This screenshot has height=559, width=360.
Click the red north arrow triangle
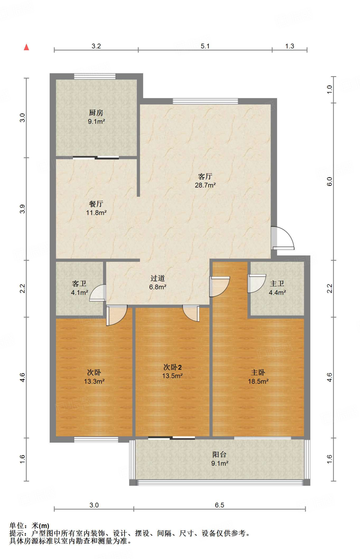tap(26, 47)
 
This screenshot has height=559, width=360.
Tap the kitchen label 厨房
tap(96, 112)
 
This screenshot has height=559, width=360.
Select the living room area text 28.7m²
tap(205, 185)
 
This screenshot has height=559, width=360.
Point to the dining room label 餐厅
tap(96, 204)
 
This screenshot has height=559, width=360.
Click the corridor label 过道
tap(158, 278)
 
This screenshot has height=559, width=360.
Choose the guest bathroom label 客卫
tap(79, 284)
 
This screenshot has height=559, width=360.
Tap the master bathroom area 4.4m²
tap(277, 293)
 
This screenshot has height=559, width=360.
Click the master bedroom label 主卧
tap(258, 372)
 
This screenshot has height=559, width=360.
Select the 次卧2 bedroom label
tap(172, 367)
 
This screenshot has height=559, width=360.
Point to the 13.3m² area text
tap(94, 381)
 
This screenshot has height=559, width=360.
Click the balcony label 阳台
tap(219, 454)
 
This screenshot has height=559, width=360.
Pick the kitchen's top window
tap(95, 76)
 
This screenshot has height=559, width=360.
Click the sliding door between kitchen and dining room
tap(96, 157)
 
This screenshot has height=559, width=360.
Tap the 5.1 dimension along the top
tap(205, 46)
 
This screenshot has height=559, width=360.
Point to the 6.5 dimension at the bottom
tap(220, 505)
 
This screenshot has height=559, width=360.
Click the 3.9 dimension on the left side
tap(22, 209)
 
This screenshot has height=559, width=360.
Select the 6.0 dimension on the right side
tap(329, 182)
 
